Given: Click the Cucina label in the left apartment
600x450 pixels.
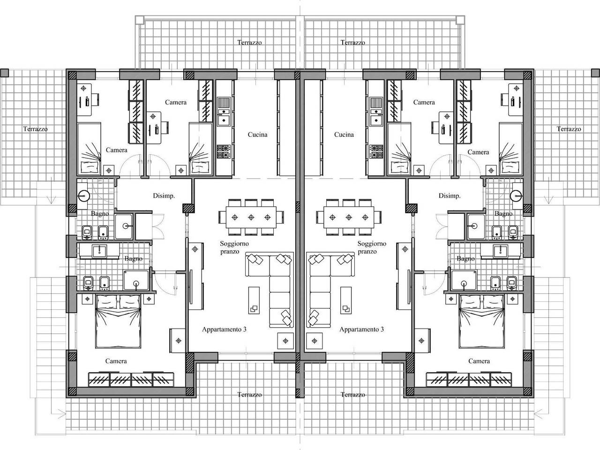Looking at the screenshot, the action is [x=257, y=135].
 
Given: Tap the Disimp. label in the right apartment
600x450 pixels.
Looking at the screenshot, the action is [x=450, y=195].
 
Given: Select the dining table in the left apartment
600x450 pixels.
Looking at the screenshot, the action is [x=251, y=217].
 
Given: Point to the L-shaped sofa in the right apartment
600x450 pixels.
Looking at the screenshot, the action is [x=330, y=290].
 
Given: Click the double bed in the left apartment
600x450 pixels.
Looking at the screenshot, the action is [x=118, y=321].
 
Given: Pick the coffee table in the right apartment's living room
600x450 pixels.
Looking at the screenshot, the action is [x=346, y=300].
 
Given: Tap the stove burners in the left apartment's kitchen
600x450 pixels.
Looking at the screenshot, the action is [x=224, y=151].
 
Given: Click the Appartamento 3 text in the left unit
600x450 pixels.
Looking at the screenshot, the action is [x=224, y=329].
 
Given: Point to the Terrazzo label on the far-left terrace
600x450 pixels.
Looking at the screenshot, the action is [x=35, y=129].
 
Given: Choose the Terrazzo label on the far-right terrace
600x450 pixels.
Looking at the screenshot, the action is [x=569, y=129].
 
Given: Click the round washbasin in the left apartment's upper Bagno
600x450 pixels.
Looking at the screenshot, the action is [x=83, y=195].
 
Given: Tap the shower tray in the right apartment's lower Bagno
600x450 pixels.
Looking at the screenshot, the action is [x=464, y=280].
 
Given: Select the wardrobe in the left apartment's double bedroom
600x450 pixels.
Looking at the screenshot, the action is [x=131, y=379].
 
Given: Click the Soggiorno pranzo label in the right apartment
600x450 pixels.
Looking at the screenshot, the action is [x=372, y=247].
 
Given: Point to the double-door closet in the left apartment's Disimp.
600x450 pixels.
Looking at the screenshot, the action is [x=150, y=226].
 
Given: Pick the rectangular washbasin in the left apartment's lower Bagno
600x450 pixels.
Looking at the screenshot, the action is [x=99, y=251].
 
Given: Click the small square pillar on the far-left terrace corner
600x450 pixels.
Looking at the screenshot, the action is [x=4, y=73].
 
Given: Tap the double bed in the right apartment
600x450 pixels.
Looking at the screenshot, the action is [x=482, y=321].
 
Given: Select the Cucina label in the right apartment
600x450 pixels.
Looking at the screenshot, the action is [x=344, y=135].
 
